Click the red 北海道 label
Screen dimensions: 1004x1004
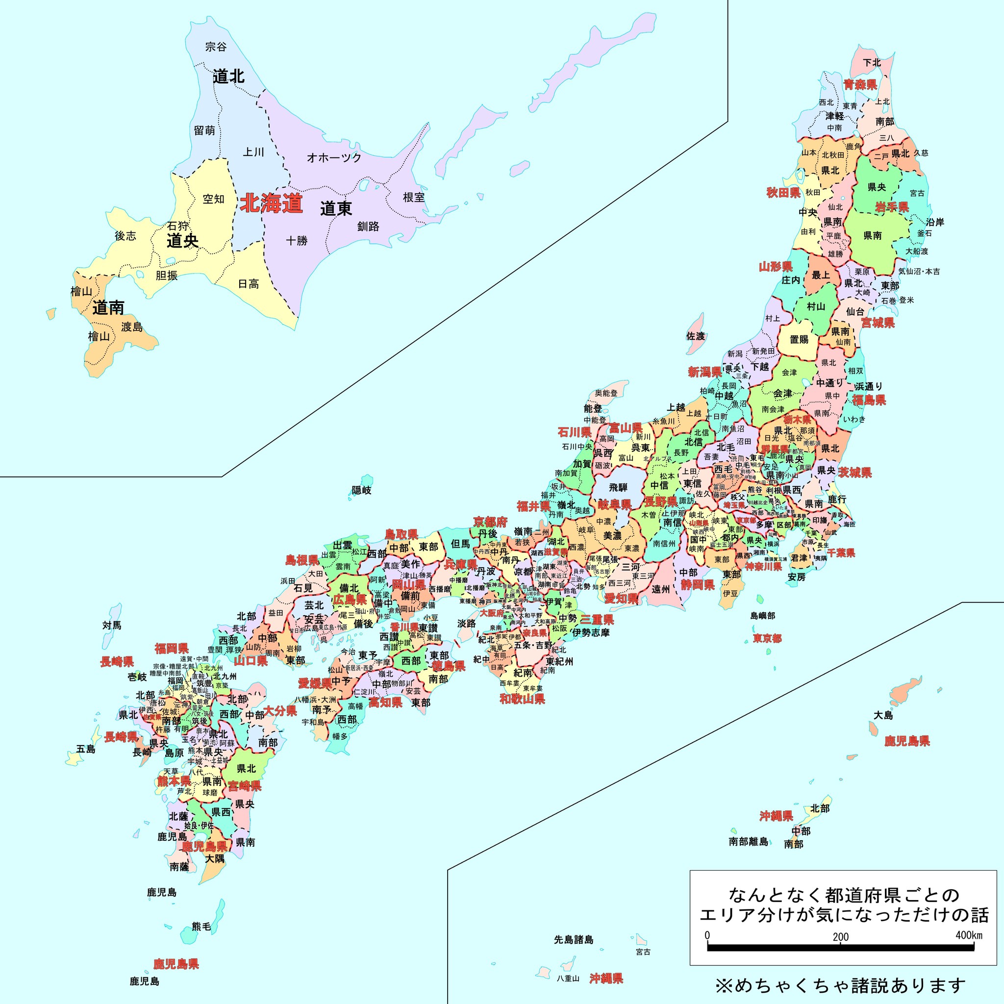271,203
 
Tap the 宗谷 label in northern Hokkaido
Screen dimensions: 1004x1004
216,47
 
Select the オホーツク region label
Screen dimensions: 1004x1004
334,157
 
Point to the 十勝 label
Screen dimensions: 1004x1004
297,241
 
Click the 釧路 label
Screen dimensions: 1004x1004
368,226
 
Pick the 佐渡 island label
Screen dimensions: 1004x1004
695,336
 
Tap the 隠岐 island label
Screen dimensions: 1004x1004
362,490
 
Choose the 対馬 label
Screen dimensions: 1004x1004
112,625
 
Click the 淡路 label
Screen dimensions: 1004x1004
466,623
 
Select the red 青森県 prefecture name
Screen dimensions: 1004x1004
860,85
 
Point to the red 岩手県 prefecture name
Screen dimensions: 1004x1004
892,207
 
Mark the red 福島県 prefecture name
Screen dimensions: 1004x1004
869,400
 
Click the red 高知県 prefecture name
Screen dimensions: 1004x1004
386,703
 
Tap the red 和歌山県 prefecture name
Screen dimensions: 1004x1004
522,699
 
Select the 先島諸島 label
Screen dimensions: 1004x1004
573,940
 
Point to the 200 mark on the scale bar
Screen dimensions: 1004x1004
840,937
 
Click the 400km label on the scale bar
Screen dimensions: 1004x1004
969,935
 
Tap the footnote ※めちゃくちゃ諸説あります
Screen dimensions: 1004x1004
840,985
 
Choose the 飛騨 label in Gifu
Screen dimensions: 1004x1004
618,487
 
